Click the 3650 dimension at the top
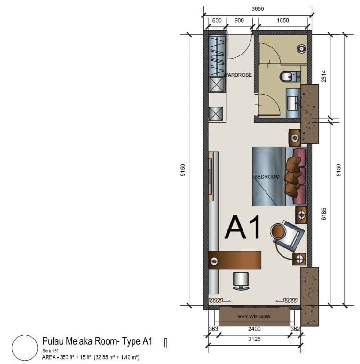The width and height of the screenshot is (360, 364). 258,9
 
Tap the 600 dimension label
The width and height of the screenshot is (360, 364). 217,20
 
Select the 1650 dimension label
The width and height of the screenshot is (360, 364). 282,20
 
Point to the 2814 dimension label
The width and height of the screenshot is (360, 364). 324,76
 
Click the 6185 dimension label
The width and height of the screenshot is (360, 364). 324,214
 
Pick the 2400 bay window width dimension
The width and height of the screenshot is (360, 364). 254,329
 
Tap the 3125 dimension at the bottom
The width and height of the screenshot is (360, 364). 254,339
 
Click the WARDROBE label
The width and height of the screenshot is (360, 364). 238,75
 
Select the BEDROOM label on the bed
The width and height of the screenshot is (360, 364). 267,177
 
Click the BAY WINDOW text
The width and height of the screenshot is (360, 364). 254,317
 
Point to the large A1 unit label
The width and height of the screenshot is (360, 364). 243,227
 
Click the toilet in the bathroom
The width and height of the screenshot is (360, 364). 290,77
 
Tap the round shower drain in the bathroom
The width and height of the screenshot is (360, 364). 301,49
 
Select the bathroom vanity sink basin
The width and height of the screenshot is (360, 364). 293,103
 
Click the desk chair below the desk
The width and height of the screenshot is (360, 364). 241,281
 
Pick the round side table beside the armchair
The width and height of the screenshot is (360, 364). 278,231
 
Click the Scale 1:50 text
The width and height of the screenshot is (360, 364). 50,351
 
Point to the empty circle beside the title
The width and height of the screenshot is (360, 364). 25,335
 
